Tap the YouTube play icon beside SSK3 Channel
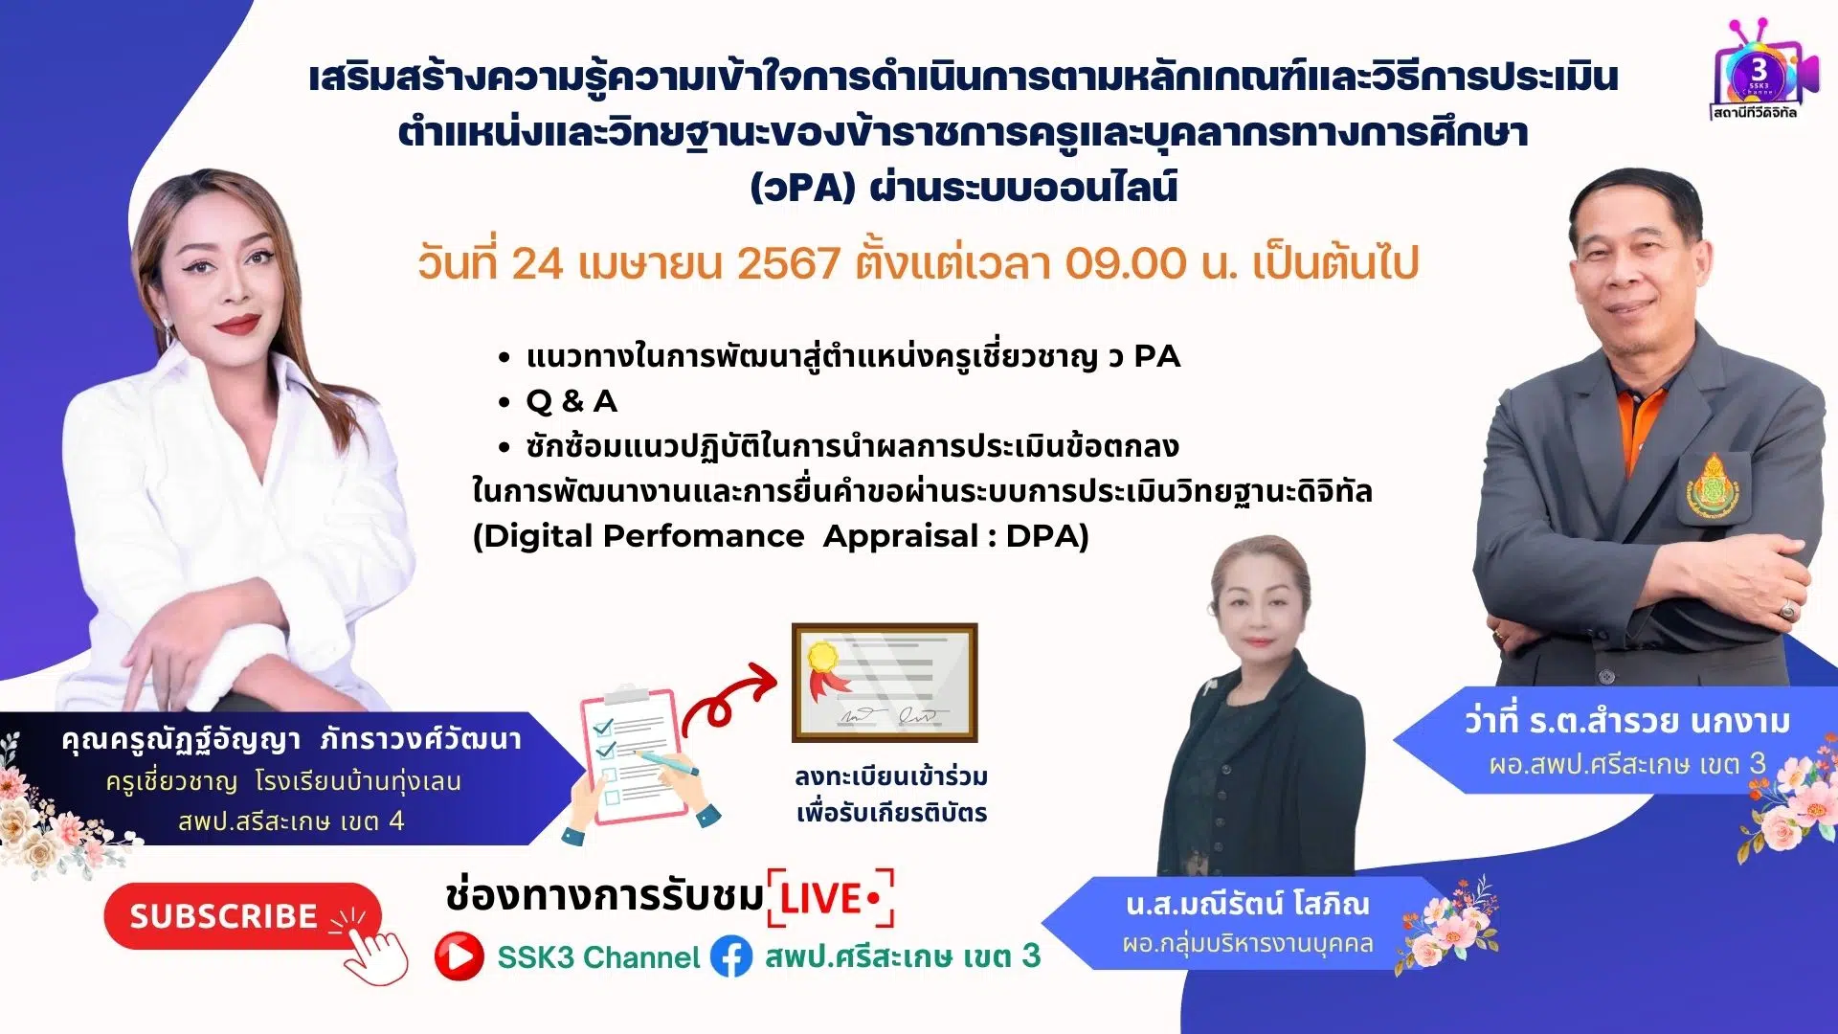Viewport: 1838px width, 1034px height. [459, 956]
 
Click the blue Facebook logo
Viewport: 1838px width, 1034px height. [731, 956]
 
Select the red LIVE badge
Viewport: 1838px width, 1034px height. [831, 899]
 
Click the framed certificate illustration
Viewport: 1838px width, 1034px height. [885, 683]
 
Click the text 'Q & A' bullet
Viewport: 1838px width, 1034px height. [572, 401]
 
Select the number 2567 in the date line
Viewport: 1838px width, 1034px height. [789, 262]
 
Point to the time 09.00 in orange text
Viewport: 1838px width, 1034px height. [1126, 262]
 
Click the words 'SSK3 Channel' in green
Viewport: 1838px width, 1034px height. [599, 957]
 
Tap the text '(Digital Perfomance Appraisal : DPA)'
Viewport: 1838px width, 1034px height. [781, 536]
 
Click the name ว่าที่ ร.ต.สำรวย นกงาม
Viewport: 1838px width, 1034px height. [1626, 721]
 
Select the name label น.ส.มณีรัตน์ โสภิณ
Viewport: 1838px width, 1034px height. [1247, 903]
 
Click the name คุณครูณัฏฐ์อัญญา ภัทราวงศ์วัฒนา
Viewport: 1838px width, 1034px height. [291, 739]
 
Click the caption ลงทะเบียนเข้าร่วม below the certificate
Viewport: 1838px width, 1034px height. [891, 776]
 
